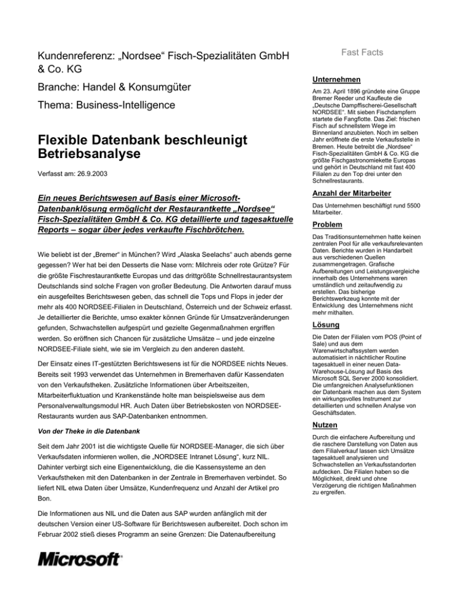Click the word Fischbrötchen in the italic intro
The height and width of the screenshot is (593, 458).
tap(211, 230)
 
